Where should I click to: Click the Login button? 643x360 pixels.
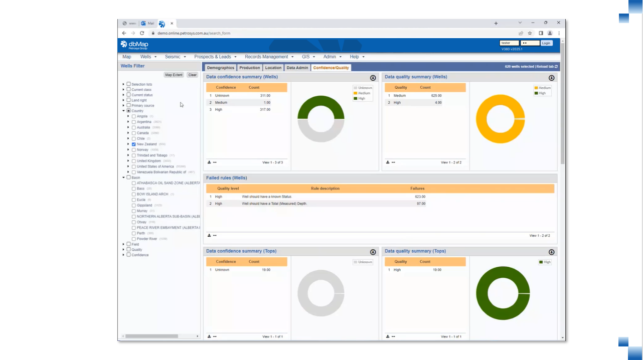point(546,43)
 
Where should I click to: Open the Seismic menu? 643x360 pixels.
point(175,57)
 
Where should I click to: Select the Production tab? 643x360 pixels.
point(250,68)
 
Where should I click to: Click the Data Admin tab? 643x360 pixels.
point(297,68)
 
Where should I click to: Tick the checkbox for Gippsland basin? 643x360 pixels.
point(134,206)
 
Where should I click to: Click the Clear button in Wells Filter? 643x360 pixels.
point(193,75)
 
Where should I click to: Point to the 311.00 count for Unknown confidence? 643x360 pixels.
point(265,95)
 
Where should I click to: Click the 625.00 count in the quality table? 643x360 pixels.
point(436,95)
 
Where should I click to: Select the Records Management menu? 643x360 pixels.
point(269,57)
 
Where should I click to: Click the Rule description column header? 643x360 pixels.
point(325,189)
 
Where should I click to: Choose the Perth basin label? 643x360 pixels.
point(141,233)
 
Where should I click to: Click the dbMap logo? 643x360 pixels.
point(134,45)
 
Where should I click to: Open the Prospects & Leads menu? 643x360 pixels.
point(215,57)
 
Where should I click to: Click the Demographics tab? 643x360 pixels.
point(220,68)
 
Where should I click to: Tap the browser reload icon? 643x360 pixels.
point(142,33)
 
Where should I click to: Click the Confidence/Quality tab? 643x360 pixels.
point(331,68)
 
